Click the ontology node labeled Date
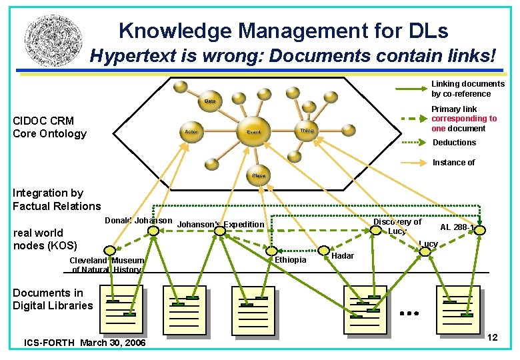[x=210, y=101]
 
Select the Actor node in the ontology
[x=192, y=132]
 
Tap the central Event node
[x=254, y=131]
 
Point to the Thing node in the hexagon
[x=307, y=131]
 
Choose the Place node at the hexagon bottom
[x=259, y=175]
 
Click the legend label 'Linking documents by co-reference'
[x=467, y=89]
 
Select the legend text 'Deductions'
[x=454, y=143]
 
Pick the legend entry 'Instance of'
[x=454, y=163]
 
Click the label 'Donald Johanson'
[x=139, y=221]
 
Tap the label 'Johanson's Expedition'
[x=221, y=225]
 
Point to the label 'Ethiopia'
[x=291, y=259]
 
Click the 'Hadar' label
[x=343, y=256]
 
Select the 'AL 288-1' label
[x=457, y=227]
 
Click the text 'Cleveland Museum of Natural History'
[x=107, y=265]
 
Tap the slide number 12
[x=492, y=338]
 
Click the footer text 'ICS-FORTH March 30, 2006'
[x=85, y=343]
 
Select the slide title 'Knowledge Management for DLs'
[x=283, y=31]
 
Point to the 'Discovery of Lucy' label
[x=397, y=227]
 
